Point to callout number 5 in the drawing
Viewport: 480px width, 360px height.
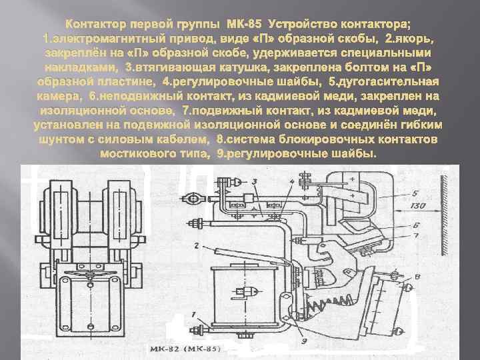pyautogui.click(x=415, y=193)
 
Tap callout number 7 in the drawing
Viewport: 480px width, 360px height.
pyautogui.click(x=415, y=235)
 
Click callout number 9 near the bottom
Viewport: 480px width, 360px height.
pyautogui.click(x=303, y=341)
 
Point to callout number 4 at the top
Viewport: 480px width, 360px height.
pyautogui.click(x=292, y=181)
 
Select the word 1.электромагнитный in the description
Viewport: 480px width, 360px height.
pyautogui.click(x=107, y=37)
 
